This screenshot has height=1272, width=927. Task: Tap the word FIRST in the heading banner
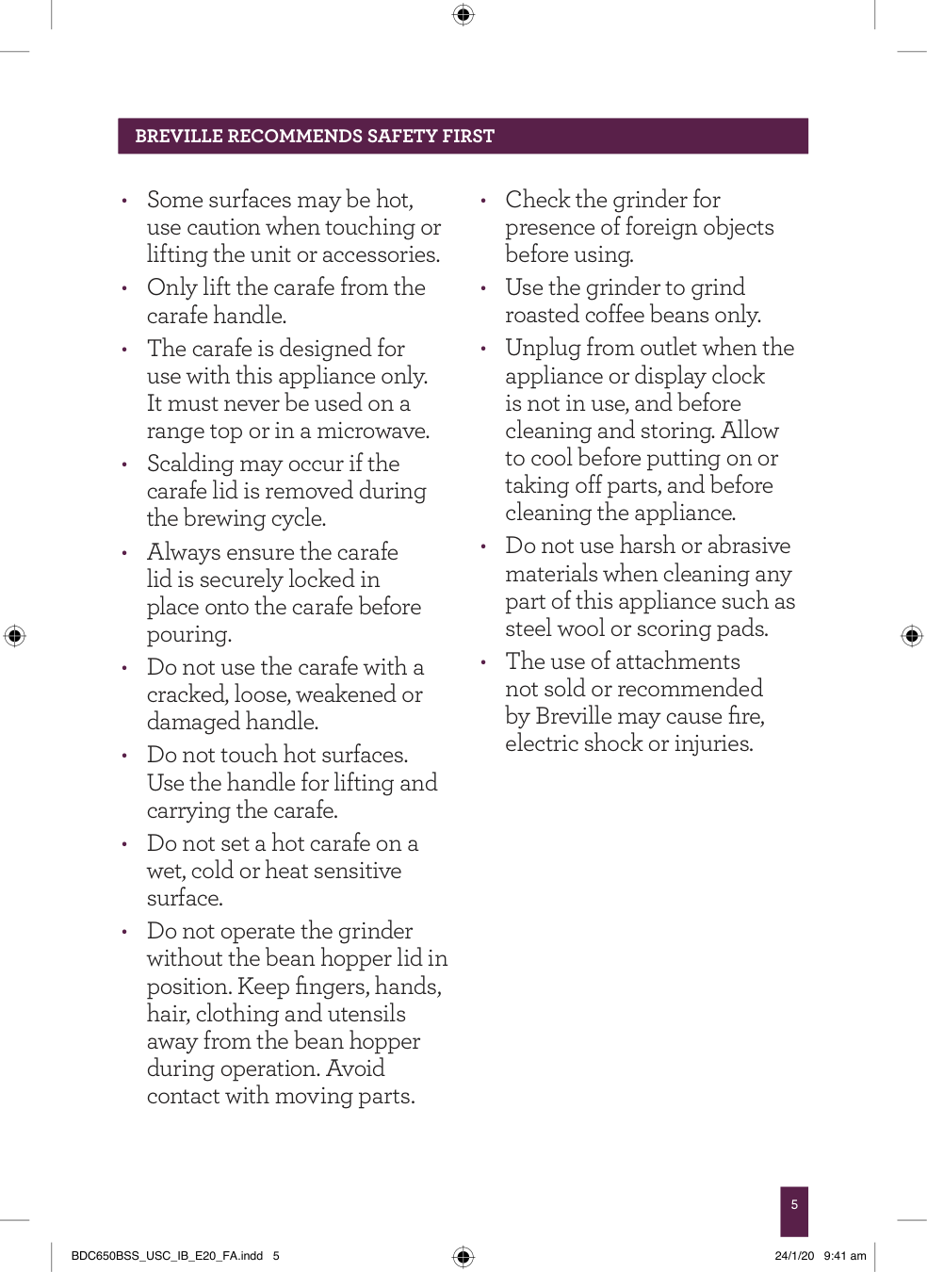[x=468, y=136]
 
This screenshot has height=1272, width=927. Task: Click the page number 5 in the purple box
[x=794, y=1204]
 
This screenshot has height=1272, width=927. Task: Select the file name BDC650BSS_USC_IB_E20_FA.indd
[x=167, y=1256]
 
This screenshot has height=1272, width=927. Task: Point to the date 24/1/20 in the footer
[x=794, y=1256]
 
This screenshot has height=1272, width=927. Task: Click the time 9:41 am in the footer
[x=845, y=1256]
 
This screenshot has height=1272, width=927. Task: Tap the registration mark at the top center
[x=463, y=14]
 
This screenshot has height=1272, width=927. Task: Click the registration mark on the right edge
[x=912, y=635]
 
